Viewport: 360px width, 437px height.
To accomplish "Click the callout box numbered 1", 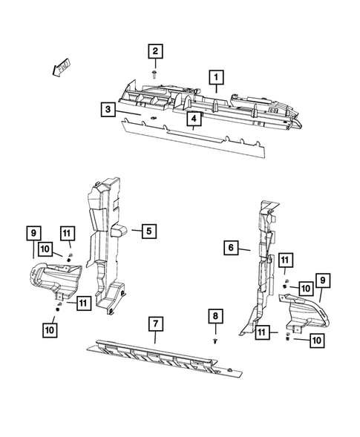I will pyautogui.click(x=217, y=76).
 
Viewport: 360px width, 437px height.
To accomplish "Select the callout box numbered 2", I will pyautogui.click(x=155, y=51).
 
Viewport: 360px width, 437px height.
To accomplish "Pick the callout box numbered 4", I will pyautogui.click(x=193, y=119).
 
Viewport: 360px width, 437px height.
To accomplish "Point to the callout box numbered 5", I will pyautogui.click(x=148, y=231).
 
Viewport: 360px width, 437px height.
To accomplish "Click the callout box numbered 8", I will pyautogui.click(x=215, y=316).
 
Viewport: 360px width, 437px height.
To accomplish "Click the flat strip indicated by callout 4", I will pyautogui.click(x=186, y=137).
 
